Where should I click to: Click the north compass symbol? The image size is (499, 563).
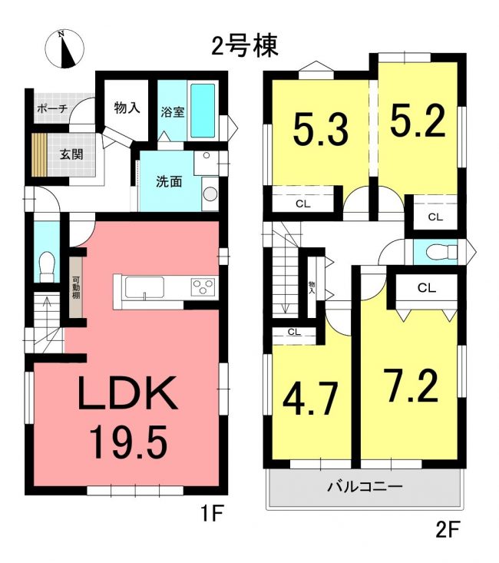coord(64,49)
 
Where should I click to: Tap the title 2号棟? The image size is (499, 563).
coord(244,46)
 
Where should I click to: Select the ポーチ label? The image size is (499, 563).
coord(52,108)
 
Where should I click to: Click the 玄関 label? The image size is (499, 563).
coord(71,154)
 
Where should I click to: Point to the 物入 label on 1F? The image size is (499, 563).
coord(127,108)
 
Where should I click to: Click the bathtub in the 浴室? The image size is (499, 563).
coord(203,111)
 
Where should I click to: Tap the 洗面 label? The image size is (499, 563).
coord(169,182)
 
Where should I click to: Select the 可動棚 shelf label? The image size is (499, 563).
coord(76,287)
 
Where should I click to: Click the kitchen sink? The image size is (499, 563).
coord(144,287)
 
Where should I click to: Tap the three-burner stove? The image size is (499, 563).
coord(203,287)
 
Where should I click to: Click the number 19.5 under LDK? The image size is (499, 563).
coord(128,442)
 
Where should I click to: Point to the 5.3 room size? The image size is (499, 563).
coord(321,129)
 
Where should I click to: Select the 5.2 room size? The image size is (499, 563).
coord(418,121)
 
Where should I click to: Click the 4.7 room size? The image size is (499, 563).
coord(310,398)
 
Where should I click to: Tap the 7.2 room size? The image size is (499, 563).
coord(411,386)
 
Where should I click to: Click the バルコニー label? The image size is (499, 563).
coord(365,487)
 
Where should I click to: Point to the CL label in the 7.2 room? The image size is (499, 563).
coord(427,287)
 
